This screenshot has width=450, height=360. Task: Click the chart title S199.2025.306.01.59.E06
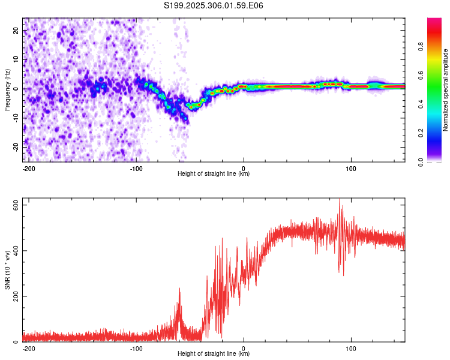coord(214,5)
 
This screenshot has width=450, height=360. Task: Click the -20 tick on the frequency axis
coord(16,147)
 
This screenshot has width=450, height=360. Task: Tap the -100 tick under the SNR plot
coord(136,348)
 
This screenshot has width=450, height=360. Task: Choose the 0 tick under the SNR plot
coord(244,348)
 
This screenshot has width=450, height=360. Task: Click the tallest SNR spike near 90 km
coord(340,200)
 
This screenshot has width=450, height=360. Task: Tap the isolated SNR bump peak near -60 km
coord(179,289)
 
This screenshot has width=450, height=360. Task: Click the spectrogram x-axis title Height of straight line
coord(214,174)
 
